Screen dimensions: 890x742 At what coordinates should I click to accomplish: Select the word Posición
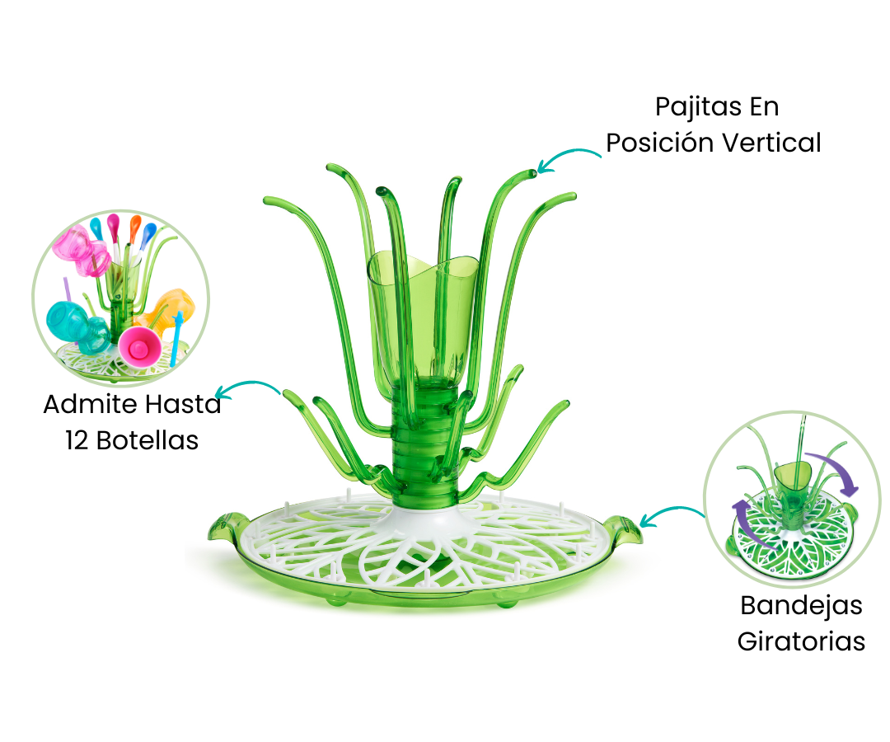(x=660, y=143)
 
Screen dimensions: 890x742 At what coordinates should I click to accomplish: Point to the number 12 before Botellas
(x=77, y=440)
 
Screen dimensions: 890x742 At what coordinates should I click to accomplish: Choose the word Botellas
(x=148, y=440)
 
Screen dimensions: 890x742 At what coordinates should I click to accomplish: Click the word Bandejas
(x=802, y=606)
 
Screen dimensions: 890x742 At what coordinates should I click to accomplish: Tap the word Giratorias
(x=802, y=641)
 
